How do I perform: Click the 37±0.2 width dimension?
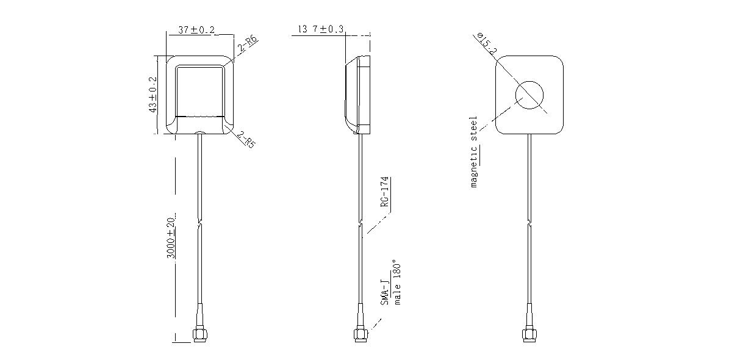196,30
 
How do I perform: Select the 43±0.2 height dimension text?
152,95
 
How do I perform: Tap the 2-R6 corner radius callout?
248,44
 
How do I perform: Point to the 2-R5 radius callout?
246,140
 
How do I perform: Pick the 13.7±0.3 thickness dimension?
321,29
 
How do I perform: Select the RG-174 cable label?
385,192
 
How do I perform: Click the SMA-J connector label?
386,293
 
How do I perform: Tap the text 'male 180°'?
396,283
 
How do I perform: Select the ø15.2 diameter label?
487,43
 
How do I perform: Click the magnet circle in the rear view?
529,81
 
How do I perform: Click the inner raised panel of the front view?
200,92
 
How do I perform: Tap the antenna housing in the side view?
358,95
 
